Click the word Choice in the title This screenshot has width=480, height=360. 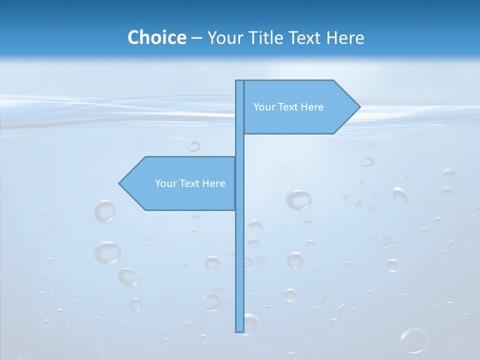(156, 37)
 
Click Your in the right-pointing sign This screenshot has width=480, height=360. (263, 107)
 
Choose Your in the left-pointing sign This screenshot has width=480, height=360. (165, 183)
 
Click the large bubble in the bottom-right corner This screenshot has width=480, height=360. (414, 340)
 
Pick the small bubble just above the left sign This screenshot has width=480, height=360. (194, 146)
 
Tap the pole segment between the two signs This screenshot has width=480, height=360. (239, 145)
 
